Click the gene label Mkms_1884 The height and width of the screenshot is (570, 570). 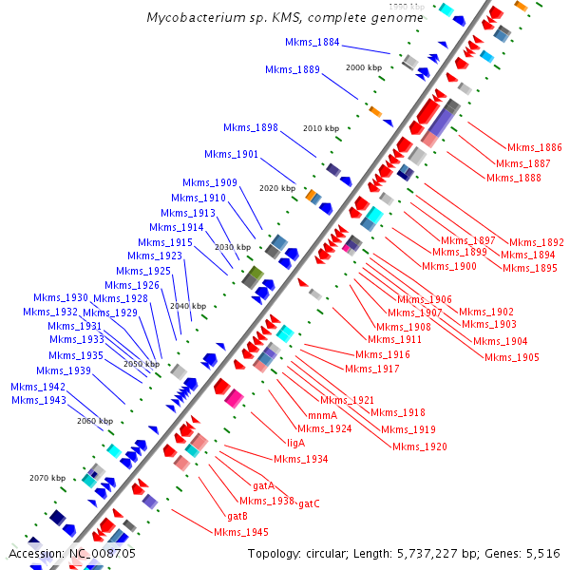[313, 43]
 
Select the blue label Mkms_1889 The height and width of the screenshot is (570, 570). [293, 69]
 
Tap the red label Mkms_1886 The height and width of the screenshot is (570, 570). [534, 148]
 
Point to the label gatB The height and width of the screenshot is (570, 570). [237, 516]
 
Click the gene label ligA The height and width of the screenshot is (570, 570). [295, 443]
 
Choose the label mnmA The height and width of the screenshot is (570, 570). [323, 415]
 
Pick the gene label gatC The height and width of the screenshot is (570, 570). [309, 503]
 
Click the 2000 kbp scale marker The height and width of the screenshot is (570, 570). [363, 68]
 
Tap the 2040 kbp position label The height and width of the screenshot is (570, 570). [188, 306]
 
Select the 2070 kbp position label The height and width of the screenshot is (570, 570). [47, 478]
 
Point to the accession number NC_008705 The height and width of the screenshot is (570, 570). [102, 553]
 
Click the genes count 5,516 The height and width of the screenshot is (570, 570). [541, 553]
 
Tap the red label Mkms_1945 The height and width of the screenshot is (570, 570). [241, 532]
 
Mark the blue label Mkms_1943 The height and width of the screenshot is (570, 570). [39, 400]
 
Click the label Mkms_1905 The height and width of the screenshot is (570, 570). [512, 357]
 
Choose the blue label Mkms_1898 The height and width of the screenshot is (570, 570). [251, 128]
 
